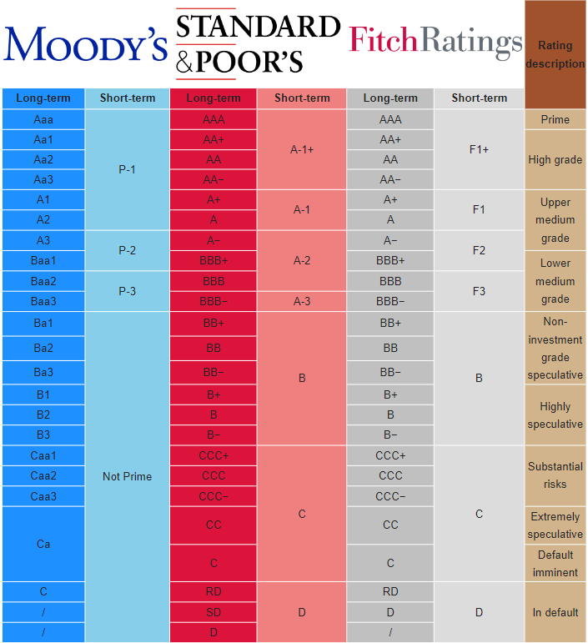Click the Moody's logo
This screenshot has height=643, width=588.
pos(85,45)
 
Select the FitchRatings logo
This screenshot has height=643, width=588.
pos(435,40)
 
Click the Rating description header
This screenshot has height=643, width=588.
pos(555,54)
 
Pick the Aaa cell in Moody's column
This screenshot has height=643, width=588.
pos(43,119)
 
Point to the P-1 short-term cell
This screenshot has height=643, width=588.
pos(127,169)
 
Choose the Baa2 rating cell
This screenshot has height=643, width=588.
pos(43,281)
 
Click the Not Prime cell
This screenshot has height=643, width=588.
pos(127,476)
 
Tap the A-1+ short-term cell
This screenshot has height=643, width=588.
pos(302,150)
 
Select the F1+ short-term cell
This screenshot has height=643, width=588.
pos(479,150)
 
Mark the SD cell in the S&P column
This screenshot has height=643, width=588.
pos(214,612)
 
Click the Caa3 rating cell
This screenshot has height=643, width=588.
pos(43,496)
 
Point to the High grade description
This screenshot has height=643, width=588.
pos(555,159)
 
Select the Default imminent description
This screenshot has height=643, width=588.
pos(555,564)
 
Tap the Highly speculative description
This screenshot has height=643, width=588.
pos(555,415)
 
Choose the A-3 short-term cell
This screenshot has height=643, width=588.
pos(302,301)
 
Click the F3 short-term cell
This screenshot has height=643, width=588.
pos(479,291)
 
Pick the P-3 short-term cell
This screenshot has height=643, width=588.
pos(127,291)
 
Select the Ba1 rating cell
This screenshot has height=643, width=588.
pos(43,323)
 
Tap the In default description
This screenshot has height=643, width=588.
pos(555,612)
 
